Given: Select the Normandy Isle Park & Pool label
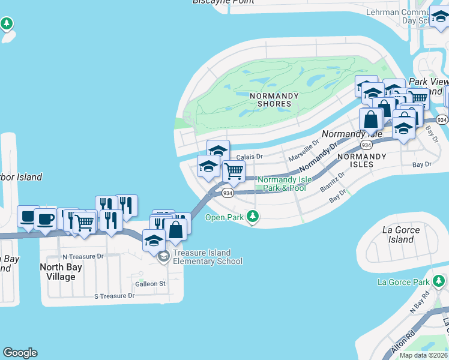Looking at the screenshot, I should [x=282, y=184].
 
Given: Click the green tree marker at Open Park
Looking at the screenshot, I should [x=253, y=217].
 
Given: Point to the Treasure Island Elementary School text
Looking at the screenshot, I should [x=208, y=257].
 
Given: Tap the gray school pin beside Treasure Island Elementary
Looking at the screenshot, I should [x=163, y=257].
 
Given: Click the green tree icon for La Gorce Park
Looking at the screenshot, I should [x=440, y=281].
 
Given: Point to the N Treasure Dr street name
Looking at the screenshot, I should [x=83, y=256].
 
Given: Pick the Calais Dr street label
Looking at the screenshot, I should [x=250, y=157].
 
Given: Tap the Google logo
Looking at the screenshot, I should [x=20, y=353].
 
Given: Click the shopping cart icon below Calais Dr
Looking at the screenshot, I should [x=234, y=171].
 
